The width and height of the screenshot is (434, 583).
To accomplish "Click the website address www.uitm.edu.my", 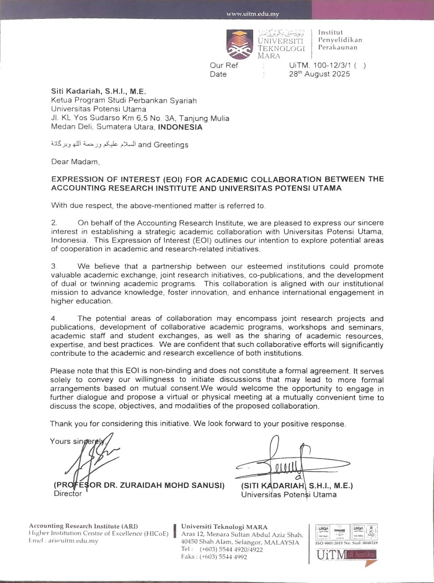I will [253, 14].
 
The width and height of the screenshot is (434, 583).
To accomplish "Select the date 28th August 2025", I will [319, 74].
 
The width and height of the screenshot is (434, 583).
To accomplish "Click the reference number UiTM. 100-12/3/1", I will [320, 66].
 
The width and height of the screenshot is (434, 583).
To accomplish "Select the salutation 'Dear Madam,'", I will [75, 161].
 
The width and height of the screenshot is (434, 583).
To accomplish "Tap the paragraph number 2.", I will [54, 223].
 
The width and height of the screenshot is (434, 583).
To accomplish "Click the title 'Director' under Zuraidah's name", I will [68, 494].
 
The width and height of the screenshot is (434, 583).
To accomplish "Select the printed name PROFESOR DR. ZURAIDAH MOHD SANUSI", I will [139, 485].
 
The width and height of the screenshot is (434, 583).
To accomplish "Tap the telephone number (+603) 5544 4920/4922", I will [231, 549].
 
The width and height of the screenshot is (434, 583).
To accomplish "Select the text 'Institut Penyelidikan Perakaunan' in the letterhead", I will [340, 40].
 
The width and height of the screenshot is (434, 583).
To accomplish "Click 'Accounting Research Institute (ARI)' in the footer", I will [83, 526].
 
